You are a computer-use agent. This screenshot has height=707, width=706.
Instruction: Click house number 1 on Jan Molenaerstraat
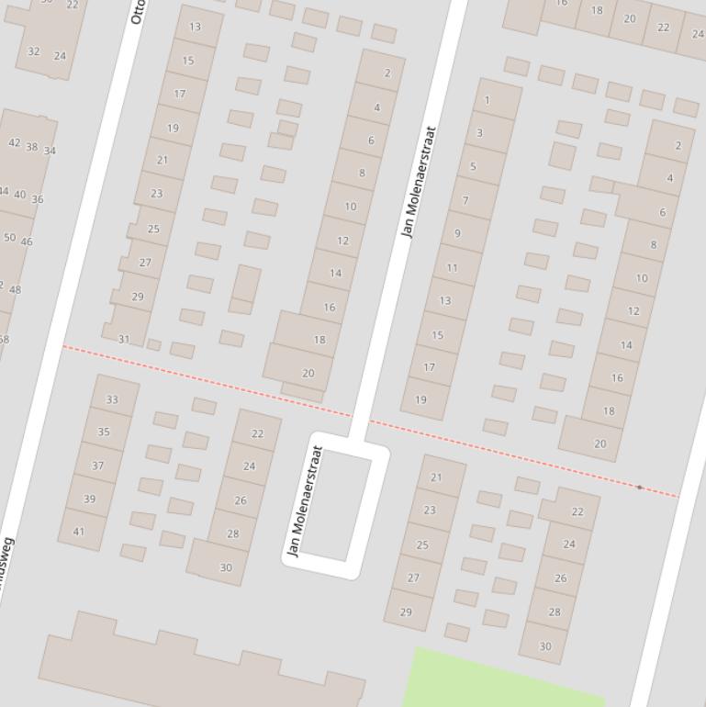(487, 101)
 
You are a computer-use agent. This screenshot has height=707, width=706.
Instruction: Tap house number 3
(479, 133)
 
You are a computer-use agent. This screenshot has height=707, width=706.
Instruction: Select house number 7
(465, 200)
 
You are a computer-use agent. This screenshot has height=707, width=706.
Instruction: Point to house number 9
(457, 233)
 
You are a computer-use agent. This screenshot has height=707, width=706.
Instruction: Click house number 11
(452, 268)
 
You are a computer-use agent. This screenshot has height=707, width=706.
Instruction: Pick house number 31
(124, 339)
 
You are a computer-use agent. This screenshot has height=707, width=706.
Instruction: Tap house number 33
(112, 399)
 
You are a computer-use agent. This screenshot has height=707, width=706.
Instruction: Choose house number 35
(104, 432)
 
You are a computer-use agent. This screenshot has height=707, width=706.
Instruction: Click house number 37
(97, 466)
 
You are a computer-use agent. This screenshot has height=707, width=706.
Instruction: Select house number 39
(89, 499)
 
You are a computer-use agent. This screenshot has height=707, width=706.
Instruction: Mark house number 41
(79, 531)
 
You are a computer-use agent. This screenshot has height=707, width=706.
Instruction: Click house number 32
(34, 51)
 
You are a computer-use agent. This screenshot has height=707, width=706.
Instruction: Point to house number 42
(14, 143)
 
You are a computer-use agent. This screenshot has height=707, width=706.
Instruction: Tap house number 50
(9, 237)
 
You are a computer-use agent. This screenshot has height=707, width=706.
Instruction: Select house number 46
(27, 242)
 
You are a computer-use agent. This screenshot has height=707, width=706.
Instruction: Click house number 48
(15, 290)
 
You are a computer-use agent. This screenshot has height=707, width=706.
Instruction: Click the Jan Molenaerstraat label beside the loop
(306, 501)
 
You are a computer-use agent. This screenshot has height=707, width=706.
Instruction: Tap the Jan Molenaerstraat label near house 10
(418, 182)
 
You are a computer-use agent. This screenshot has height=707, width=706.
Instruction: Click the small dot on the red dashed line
(639, 487)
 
